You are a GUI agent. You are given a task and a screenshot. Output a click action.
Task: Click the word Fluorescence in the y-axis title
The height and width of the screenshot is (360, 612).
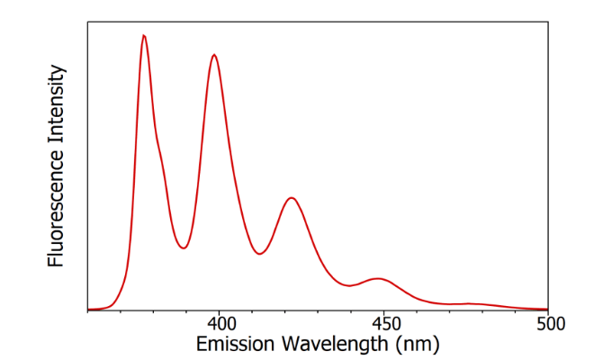pos(56,208)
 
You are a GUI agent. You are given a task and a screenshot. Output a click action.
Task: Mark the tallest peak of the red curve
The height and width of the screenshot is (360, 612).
pos(144,35)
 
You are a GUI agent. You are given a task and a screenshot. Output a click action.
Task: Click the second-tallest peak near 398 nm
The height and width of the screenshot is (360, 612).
pos(214,55)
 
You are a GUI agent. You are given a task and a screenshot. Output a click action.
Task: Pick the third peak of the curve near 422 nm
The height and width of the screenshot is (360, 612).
pos(291,197)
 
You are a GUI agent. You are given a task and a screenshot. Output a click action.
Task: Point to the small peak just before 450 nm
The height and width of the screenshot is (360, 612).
pos(379,278)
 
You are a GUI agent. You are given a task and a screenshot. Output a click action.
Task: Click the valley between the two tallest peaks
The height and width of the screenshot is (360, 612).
pos(183,247)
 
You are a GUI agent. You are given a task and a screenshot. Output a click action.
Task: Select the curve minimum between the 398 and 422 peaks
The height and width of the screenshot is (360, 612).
pos(259,254)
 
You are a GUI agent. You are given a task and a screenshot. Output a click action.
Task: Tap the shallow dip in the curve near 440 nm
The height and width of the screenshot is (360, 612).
pos(351,285)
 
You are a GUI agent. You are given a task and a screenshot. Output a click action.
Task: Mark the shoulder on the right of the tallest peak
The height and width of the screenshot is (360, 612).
pos(160,148)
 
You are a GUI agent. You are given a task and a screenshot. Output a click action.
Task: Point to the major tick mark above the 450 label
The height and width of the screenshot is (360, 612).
pos(384,307)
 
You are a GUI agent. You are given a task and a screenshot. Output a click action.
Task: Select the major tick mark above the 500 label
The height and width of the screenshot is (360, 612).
pos(548,307)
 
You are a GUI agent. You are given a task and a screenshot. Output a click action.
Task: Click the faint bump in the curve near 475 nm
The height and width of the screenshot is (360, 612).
pos(468,303)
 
